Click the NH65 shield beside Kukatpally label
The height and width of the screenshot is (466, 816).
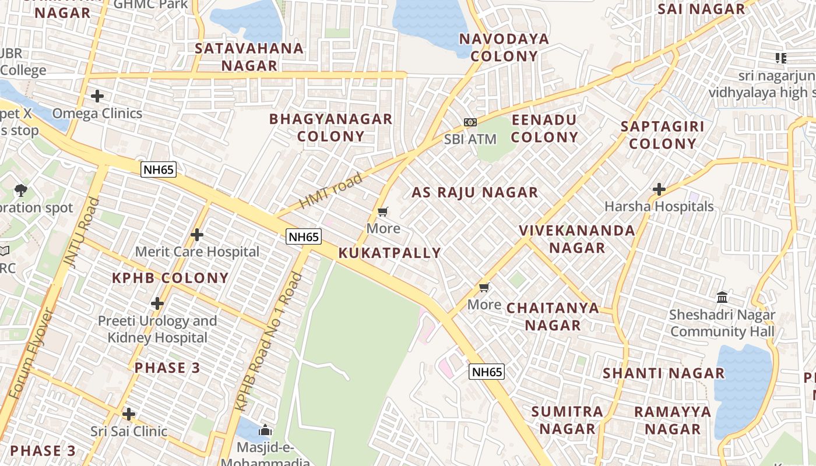click(x=304, y=236)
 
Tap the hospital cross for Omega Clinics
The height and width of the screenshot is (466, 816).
click(x=97, y=96)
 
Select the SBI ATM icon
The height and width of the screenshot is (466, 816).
click(x=470, y=122)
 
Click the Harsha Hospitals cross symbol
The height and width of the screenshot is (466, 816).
click(x=659, y=189)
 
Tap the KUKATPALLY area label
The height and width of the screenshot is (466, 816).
click(x=390, y=253)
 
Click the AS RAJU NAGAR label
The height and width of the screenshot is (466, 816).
click(x=475, y=192)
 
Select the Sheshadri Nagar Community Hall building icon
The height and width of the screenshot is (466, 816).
click(x=723, y=298)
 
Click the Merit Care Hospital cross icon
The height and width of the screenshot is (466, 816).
click(x=197, y=235)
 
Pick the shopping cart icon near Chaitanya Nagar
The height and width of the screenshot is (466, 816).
click(x=484, y=288)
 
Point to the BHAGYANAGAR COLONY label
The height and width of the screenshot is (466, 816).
click(x=331, y=128)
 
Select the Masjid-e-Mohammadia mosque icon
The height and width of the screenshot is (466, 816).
click(x=266, y=431)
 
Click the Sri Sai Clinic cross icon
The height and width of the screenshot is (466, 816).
click(x=129, y=414)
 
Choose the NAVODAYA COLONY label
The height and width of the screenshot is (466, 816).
click(x=504, y=47)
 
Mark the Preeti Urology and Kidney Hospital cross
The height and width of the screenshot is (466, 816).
click(x=157, y=303)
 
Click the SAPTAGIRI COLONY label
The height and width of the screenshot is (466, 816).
click(x=663, y=135)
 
